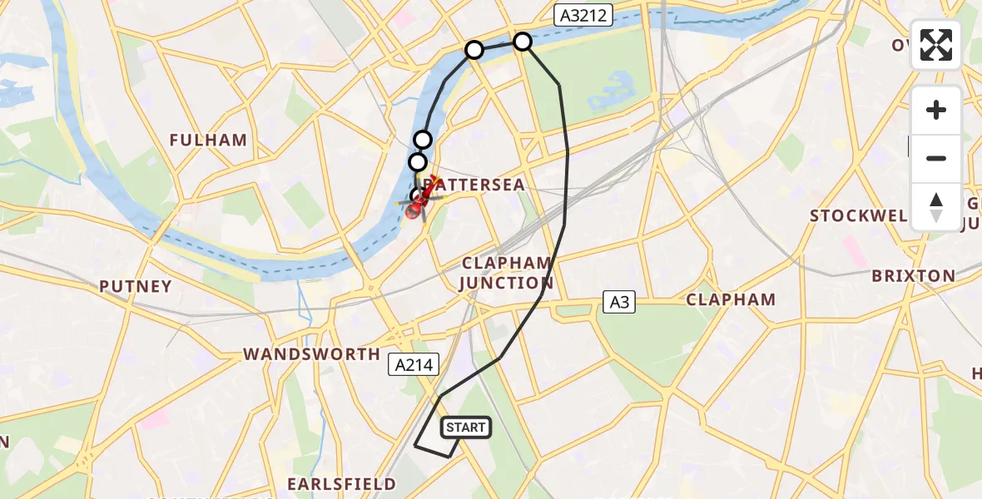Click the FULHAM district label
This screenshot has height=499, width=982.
208,140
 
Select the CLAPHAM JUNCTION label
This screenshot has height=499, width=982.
507,273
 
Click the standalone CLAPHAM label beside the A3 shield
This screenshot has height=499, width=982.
731,299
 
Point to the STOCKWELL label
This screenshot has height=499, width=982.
858,216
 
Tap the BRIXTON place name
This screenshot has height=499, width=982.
913,275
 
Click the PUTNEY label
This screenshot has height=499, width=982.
136,286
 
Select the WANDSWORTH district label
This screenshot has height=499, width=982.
312,354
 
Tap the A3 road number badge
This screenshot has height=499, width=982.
619,303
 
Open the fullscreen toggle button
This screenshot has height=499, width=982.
936,45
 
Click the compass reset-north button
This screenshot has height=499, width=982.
936,206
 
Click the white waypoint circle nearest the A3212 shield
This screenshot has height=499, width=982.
522,41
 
